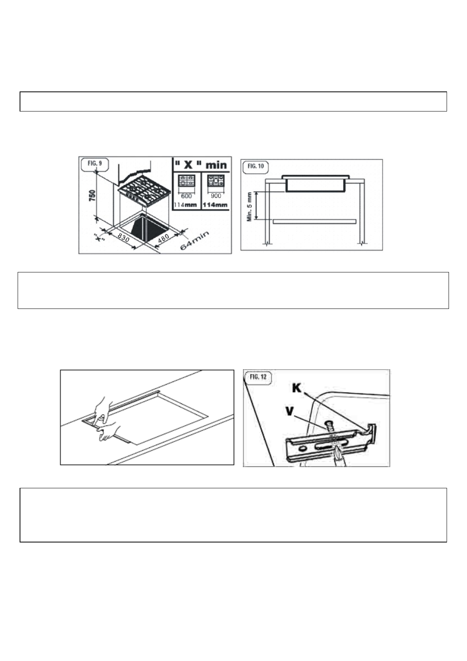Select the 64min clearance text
tap(194, 241)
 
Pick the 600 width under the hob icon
tap(186, 196)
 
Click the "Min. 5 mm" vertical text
tap(250, 206)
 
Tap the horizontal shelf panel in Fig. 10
tap(314, 221)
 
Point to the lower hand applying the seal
tap(112, 432)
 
